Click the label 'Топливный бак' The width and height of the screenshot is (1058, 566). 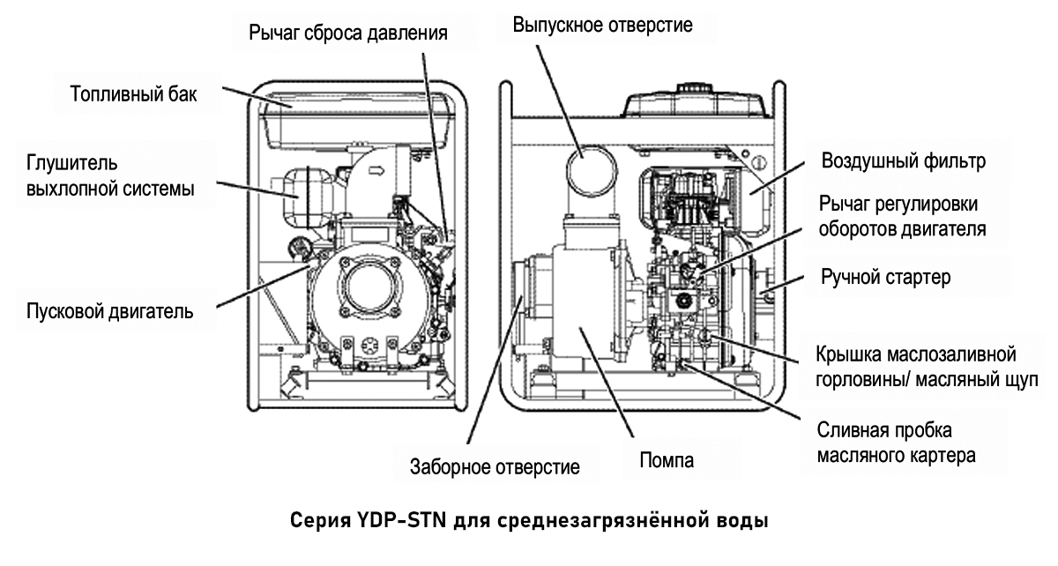(128, 94)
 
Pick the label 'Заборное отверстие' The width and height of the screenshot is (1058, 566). (495, 466)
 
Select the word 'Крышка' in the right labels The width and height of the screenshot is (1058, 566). (853, 355)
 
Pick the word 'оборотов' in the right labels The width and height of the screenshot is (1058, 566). (867, 229)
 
